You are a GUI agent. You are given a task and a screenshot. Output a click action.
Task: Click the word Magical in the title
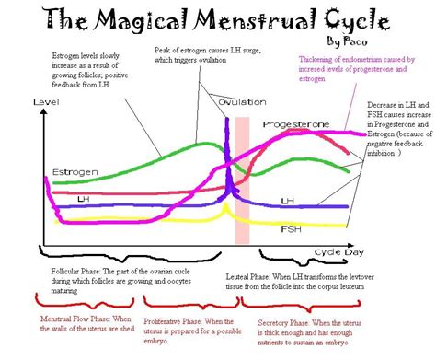click(135, 17)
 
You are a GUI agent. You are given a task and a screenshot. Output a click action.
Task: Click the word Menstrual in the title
click(240, 17)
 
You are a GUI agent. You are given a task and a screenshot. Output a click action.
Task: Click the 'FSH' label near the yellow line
click(290, 224)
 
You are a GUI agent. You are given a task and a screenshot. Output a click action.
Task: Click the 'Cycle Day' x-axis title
click(328, 251)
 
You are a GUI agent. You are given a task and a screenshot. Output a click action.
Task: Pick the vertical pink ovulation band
click(242, 180)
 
